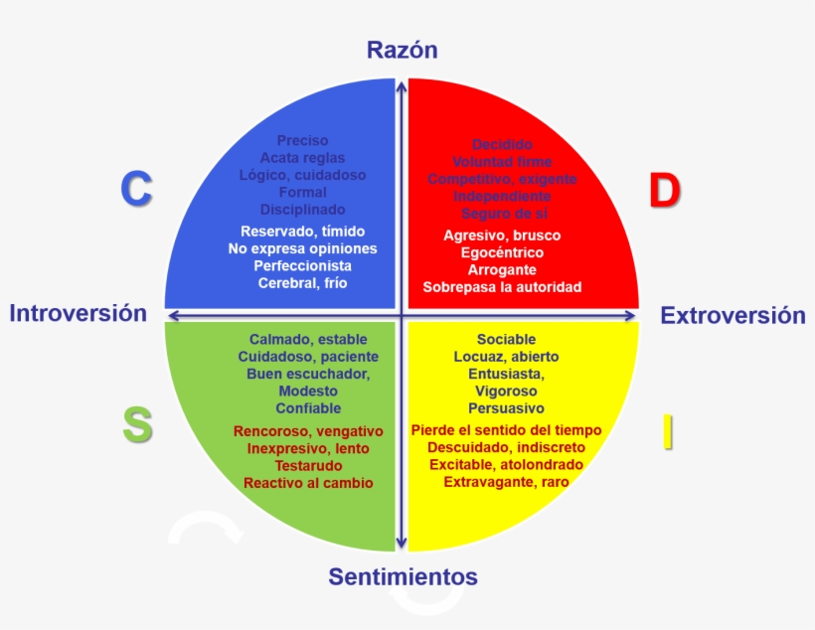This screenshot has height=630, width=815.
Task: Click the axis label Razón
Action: pyautogui.click(x=402, y=51)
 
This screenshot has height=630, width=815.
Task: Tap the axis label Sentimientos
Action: pyautogui.click(x=403, y=576)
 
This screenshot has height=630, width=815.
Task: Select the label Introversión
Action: pyautogui.click(x=79, y=314)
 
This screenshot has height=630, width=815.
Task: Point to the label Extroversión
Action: pyautogui.click(x=733, y=316)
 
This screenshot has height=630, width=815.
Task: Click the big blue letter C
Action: pyautogui.click(x=136, y=190)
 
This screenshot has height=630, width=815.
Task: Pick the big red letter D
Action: pyautogui.click(x=664, y=191)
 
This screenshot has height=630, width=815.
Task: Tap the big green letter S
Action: pyautogui.click(x=137, y=425)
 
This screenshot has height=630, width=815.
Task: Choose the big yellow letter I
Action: pyautogui.click(x=668, y=430)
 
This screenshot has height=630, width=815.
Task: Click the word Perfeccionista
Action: pyautogui.click(x=302, y=266)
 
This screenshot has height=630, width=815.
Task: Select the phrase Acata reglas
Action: pyautogui.click(x=302, y=158)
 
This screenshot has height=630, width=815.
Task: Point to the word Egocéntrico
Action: pyautogui.click(x=502, y=252)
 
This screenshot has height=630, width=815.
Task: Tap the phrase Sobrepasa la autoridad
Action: pyautogui.click(x=502, y=287)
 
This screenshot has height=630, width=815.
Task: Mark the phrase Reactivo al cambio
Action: pyautogui.click(x=308, y=483)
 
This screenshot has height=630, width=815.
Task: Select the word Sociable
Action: pyautogui.click(x=506, y=340)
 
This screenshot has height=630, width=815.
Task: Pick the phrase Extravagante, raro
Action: pyautogui.click(x=506, y=482)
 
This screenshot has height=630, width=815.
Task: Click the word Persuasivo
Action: pyautogui.click(x=506, y=408)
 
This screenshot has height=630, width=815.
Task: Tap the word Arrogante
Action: pyautogui.click(x=502, y=270)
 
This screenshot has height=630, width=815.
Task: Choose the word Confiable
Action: pyautogui.click(x=308, y=408)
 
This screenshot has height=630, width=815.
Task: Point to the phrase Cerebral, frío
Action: pyautogui.click(x=302, y=283)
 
